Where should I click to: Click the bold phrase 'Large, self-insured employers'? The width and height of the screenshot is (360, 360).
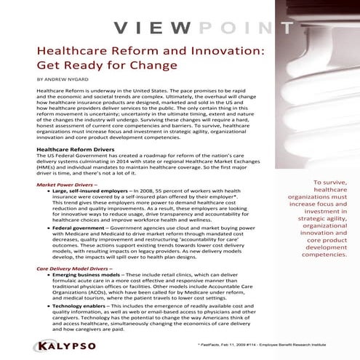click(x=87, y=193)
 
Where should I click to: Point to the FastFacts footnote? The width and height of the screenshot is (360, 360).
click(x=269, y=347)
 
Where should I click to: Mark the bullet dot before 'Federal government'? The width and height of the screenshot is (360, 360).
click(x=46, y=226)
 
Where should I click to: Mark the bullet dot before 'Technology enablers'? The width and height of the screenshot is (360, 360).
click(x=46, y=307)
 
